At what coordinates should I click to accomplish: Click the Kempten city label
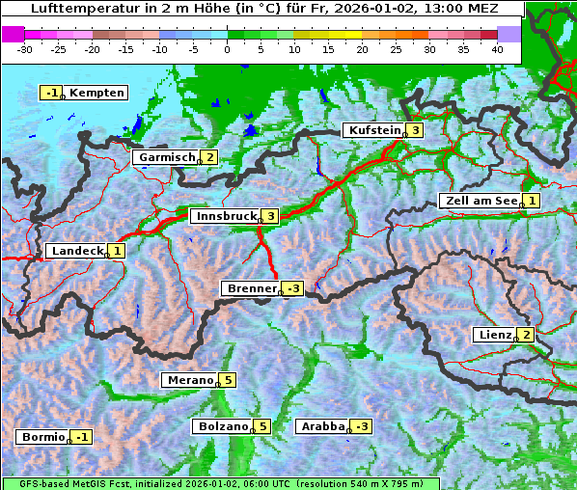point(96,93)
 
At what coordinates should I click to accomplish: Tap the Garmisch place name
point(166,157)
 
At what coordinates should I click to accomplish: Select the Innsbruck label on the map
point(225,216)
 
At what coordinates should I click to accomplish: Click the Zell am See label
point(479,201)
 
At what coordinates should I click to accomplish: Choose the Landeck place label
point(76,251)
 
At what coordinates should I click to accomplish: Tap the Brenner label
point(251,288)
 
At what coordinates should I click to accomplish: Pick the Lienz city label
point(494,335)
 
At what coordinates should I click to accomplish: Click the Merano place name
point(188,380)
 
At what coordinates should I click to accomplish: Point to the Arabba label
point(322,426)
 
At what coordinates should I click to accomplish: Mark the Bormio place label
point(42,437)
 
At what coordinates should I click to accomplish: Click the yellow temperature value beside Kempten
point(50,93)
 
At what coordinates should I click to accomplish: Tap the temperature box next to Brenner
point(293,288)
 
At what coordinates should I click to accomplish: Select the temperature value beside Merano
point(227,380)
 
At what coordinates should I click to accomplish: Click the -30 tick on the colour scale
point(25,48)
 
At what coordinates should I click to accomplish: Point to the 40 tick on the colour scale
point(497,48)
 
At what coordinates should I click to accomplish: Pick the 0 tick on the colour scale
point(227,48)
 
